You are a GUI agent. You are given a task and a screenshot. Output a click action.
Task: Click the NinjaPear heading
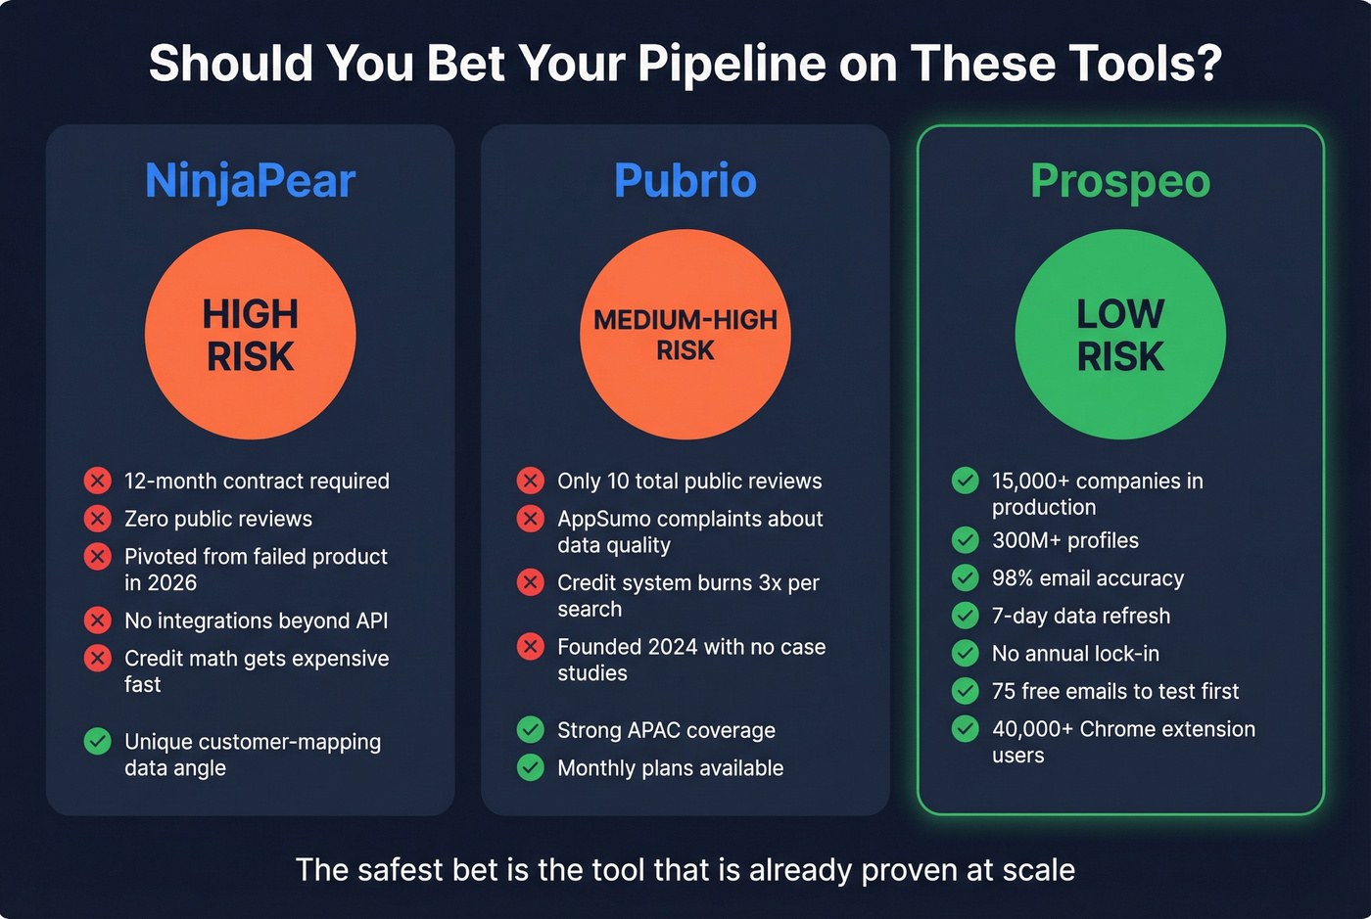[x=250, y=181]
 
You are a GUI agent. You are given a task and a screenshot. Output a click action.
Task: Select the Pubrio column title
[x=685, y=181]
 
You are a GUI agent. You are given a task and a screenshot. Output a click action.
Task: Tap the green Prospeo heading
[x=1120, y=181]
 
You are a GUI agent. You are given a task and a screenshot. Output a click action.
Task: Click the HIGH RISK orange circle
[x=251, y=335]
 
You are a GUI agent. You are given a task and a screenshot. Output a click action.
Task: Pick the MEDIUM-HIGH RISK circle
[x=685, y=335]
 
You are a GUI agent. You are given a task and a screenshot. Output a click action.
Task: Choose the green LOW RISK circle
[x=1120, y=335]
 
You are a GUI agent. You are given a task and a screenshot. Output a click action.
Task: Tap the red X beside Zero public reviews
[x=97, y=518]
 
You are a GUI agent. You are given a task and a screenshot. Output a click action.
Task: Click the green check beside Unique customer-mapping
[x=97, y=742]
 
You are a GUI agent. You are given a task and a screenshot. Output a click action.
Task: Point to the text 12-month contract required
[x=257, y=481]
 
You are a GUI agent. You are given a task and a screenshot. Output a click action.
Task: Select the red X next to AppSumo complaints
[x=530, y=519]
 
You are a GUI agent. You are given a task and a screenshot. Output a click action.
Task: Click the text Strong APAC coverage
[x=666, y=730]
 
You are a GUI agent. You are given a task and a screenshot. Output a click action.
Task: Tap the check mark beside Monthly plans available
[x=530, y=767]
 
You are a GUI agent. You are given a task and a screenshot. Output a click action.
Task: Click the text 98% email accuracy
[x=1087, y=578]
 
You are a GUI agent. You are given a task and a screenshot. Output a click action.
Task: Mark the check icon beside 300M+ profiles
[x=965, y=540]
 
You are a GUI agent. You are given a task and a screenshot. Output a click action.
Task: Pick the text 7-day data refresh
[x=1080, y=616]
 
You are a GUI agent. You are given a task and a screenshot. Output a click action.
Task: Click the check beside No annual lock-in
[x=965, y=653]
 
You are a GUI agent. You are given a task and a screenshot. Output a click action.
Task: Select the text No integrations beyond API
[x=256, y=620]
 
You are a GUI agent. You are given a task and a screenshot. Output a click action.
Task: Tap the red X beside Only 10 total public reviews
[x=530, y=481]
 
